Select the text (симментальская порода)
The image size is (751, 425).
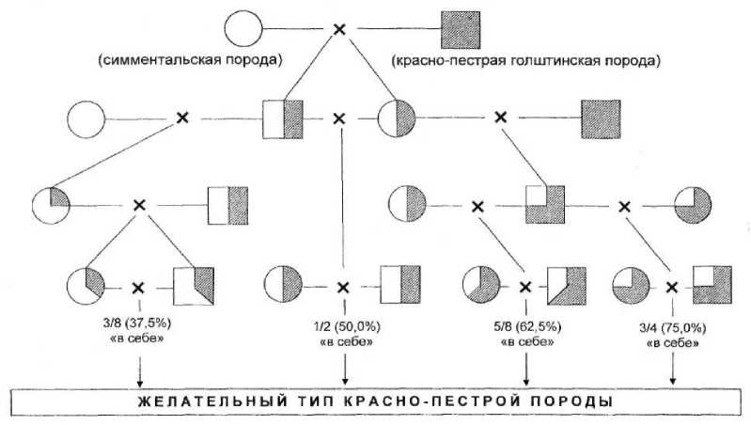(190, 62)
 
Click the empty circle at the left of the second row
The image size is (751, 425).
(86, 118)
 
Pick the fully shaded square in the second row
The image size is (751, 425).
(601, 118)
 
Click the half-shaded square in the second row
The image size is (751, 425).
(283, 118)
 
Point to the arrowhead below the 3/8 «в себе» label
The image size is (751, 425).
(138, 379)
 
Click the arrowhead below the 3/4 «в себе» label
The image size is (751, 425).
(673, 379)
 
